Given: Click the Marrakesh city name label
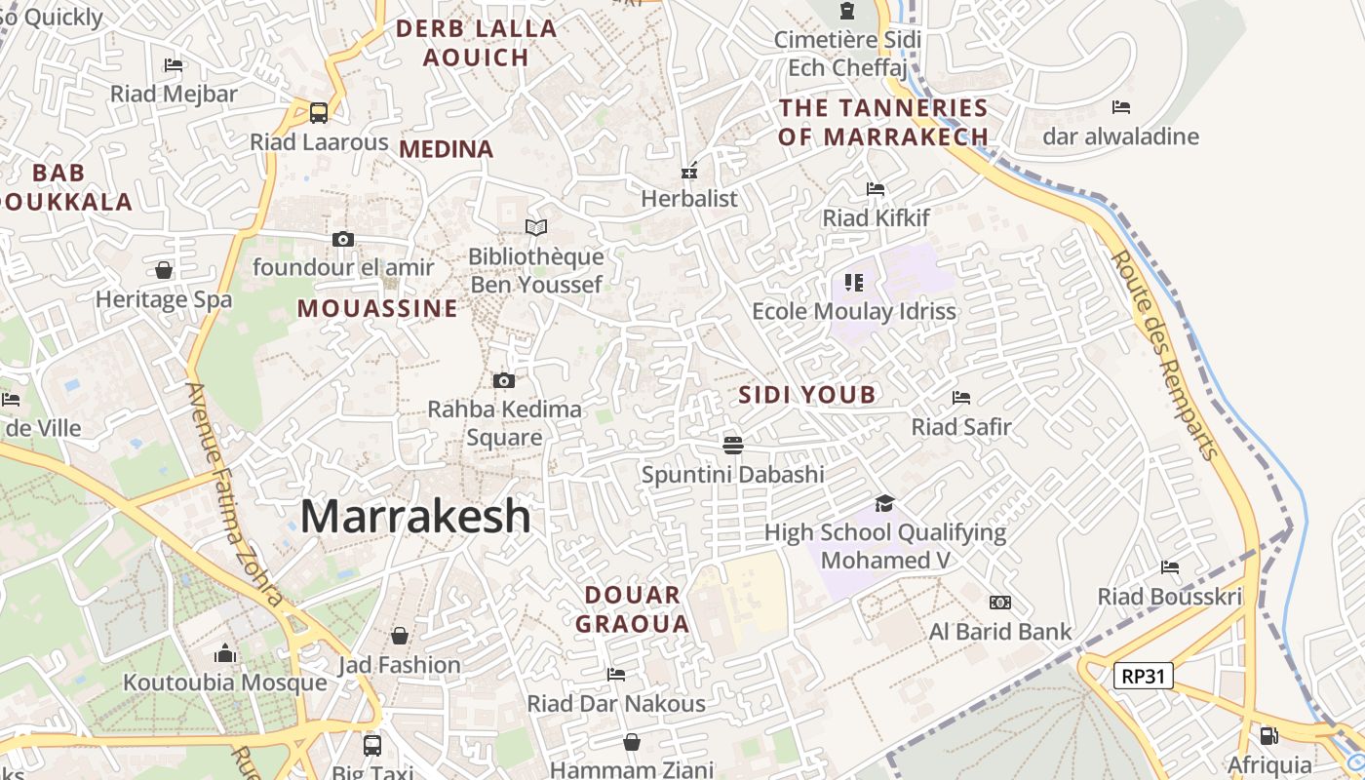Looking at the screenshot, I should tap(415, 516).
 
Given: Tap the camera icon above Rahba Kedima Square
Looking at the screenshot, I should tap(504, 380).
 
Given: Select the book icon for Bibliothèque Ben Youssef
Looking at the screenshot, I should tap(536, 227).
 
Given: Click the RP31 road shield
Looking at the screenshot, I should tap(1144, 675).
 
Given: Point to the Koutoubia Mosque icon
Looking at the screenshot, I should tap(225, 652).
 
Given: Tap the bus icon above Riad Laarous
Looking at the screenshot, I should tap(319, 112).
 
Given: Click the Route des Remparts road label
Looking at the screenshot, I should tap(1164, 356).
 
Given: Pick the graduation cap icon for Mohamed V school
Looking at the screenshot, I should tap(884, 503).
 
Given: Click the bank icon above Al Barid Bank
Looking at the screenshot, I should tap(1000, 603).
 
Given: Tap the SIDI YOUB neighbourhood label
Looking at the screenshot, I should tap(806, 395).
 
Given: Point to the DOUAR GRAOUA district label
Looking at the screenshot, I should tap(633, 609).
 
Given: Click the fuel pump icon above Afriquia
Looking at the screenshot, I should tap(1268, 736).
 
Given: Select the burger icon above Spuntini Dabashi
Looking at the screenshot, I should tap(733, 445).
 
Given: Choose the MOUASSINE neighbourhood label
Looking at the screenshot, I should tap(377, 309).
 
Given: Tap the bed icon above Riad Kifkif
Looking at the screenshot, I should tap(876, 189).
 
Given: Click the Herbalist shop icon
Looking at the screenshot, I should tap(689, 171).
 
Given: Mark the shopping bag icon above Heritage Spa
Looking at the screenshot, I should tap(164, 269).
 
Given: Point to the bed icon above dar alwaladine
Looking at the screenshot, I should tap(1121, 106).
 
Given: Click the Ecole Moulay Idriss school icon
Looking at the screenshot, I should tap(854, 283).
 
